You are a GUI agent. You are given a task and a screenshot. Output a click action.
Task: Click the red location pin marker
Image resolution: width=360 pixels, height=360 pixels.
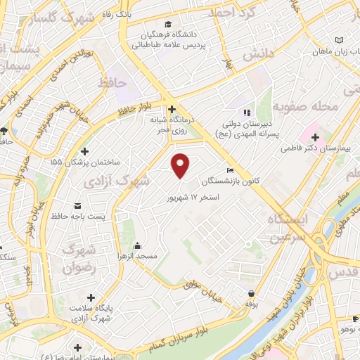pyautogui.click(x=181, y=164)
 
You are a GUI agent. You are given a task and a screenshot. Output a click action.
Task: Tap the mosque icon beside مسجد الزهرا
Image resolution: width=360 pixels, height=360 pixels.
pyautogui.click(x=137, y=246)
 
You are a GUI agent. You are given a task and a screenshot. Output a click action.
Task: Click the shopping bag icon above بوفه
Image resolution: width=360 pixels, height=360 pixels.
pyautogui.click(x=251, y=293)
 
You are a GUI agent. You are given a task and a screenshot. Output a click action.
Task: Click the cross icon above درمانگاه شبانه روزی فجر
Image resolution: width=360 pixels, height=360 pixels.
pyautogui.click(x=172, y=109)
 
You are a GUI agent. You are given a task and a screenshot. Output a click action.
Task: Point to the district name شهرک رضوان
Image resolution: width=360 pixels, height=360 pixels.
pyautogui.click(x=79, y=259)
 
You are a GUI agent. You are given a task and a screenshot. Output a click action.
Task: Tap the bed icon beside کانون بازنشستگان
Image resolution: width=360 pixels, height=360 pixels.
pyautogui.click(x=231, y=171)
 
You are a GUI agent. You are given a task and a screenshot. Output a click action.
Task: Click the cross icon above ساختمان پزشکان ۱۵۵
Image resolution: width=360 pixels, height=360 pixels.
pyautogui.click(x=85, y=151)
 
